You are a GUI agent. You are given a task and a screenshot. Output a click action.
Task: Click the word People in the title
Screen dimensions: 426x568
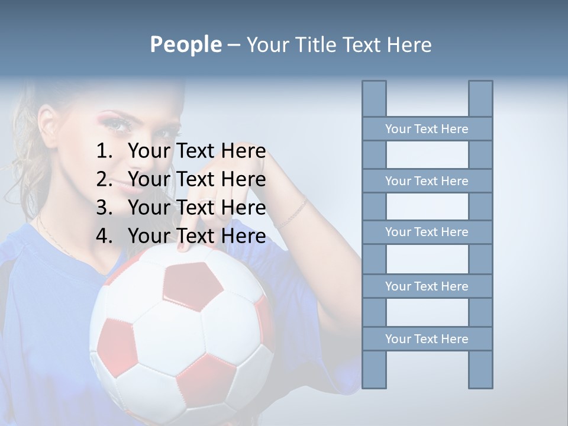click(x=185, y=45)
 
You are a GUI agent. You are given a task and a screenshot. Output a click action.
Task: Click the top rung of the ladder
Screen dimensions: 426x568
click(x=427, y=129)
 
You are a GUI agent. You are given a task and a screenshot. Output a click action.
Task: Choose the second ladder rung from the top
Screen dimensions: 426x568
click(x=427, y=181)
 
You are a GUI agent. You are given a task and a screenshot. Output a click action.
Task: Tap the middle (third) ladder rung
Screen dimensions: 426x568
click(x=427, y=232)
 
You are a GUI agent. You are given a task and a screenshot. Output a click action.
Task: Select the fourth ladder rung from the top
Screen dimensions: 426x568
click(x=427, y=286)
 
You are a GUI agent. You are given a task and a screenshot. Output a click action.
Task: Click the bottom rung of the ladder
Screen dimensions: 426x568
click(x=427, y=339)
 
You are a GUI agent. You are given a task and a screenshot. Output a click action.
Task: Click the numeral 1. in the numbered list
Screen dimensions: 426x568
click(x=105, y=151)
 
